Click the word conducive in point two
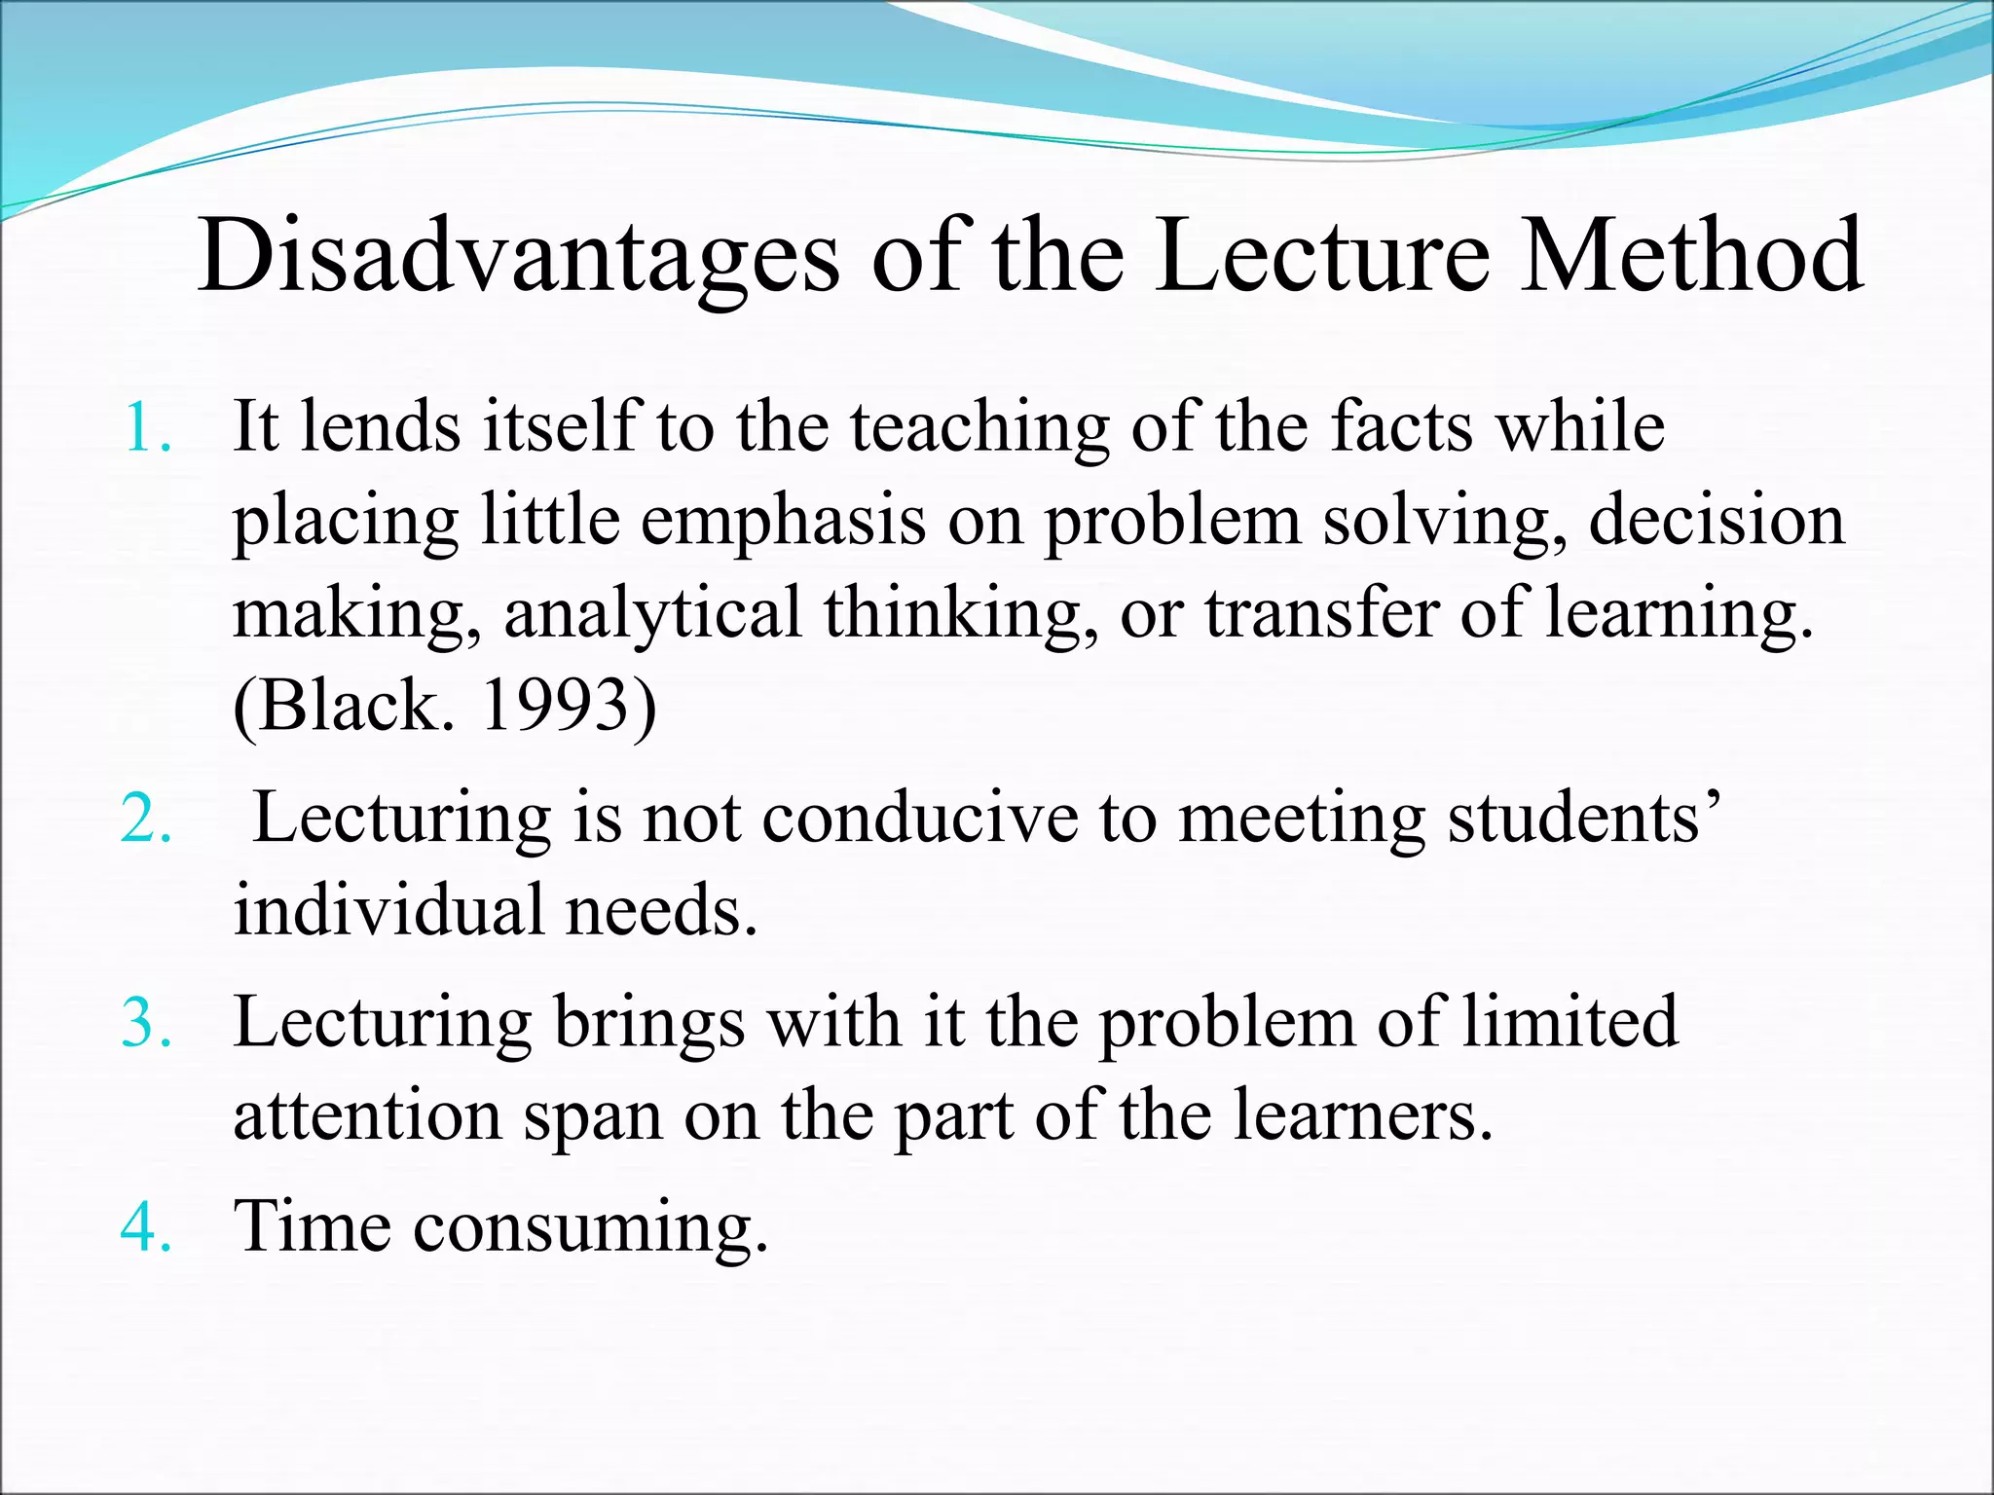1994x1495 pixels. click(919, 818)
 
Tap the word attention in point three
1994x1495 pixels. click(367, 1115)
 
